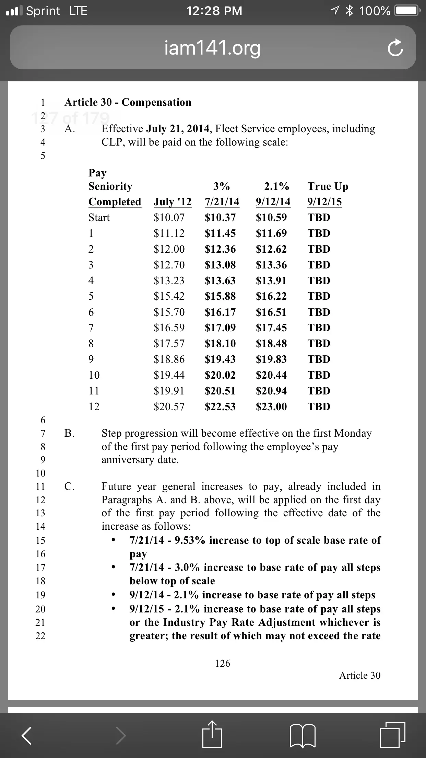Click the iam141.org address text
[213, 48]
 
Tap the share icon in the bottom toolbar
[212, 735]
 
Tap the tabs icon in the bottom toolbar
[392, 735]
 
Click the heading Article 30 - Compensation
[128, 102]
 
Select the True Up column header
[328, 186]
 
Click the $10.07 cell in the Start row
[169, 218]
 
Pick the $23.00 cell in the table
[271, 407]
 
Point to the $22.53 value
[220, 407]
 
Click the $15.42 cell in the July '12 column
[169, 296]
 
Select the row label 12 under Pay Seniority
[94, 407]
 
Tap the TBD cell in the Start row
[319, 218]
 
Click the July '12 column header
[173, 202]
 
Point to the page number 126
[223, 663]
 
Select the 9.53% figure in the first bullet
[190, 540]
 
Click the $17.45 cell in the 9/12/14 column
[271, 328]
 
